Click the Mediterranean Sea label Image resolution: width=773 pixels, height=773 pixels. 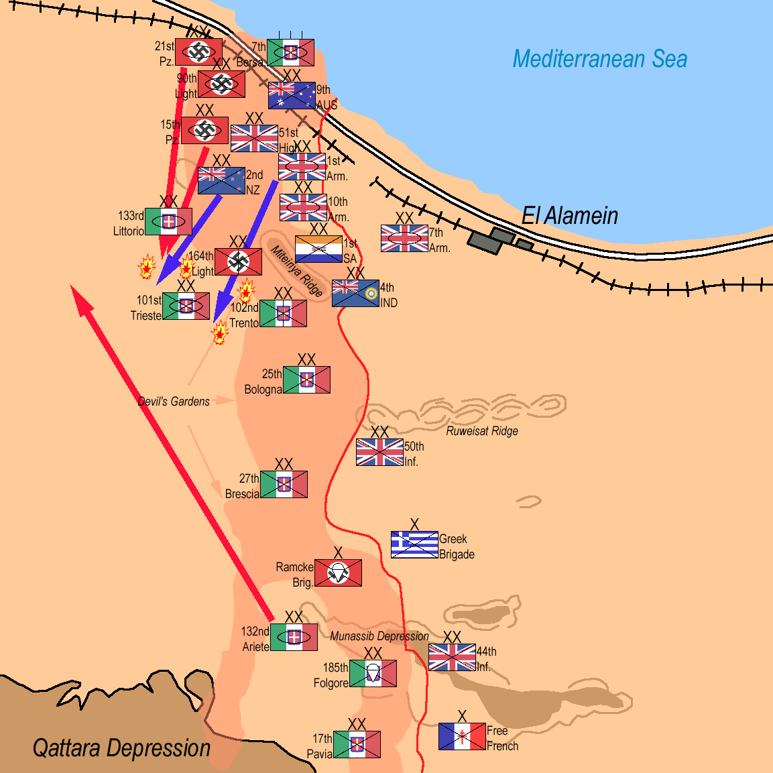point(599,59)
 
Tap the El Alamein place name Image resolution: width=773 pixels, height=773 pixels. point(570,216)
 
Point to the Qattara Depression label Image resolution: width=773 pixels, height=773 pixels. point(121,748)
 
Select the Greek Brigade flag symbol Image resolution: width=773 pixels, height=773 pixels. point(414,545)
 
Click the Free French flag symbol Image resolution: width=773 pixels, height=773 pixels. point(462,737)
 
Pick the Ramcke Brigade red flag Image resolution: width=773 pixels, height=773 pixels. point(338,573)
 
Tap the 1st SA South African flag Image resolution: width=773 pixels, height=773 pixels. point(318,249)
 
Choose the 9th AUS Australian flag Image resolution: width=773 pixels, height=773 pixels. point(292,96)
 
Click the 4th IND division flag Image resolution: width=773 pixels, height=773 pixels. point(355,294)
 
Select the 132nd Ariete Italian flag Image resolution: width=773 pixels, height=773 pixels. point(294,638)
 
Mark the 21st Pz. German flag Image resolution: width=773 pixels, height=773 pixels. point(199,52)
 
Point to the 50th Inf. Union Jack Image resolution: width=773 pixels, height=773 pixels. point(379,453)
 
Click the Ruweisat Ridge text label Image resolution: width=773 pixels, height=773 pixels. point(482,431)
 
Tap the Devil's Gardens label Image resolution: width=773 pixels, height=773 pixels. point(174,402)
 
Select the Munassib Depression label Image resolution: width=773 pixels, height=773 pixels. point(379,636)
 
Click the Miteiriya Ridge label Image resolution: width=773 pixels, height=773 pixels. point(296,271)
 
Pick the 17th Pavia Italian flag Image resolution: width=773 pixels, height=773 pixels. point(357,745)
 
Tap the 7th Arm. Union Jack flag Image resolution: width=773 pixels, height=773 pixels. point(404,239)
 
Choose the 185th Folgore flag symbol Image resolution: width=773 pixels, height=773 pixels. point(373,674)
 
